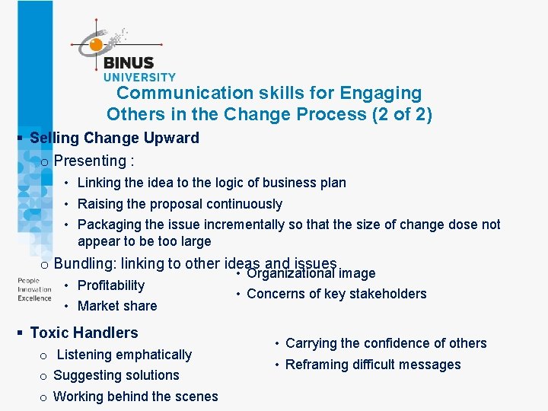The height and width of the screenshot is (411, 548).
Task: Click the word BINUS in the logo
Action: [x=128, y=63]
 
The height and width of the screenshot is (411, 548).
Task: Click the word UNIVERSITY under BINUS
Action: [x=139, y=77]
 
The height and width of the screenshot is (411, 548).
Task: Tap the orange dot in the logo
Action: [x=96, y=45]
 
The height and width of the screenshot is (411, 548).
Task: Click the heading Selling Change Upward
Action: [x=114, y=138]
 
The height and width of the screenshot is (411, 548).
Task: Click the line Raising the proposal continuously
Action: [x=180, y=204]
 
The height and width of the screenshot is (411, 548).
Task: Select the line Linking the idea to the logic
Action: [x=212, y=183]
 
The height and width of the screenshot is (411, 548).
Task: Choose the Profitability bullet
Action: [x=111, y=285]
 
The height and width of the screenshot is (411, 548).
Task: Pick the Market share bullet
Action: [x=117, y=306]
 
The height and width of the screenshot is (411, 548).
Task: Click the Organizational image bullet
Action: [x=311, y=274]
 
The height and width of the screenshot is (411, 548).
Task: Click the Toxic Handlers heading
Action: [x=84, y=333]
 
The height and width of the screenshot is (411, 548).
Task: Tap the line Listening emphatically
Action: [x=124, y=355]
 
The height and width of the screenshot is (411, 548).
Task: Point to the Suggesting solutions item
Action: [x=116, y=375]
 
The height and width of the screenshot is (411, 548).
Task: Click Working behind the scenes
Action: [x=135, y=397]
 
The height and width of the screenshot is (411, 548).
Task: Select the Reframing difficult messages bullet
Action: [x=373, y=365]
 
